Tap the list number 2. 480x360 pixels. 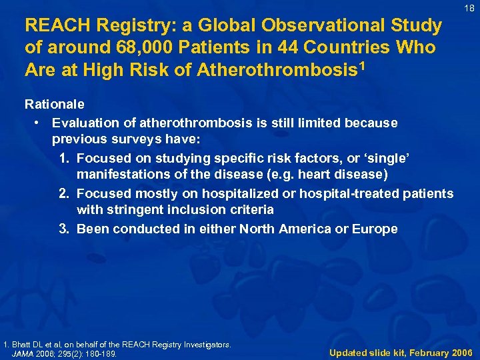click(x=64, y=193)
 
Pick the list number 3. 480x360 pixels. click(x=64, y=229)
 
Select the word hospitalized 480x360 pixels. click(x=231, y=193)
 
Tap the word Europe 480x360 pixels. click(x=375, y=229)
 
